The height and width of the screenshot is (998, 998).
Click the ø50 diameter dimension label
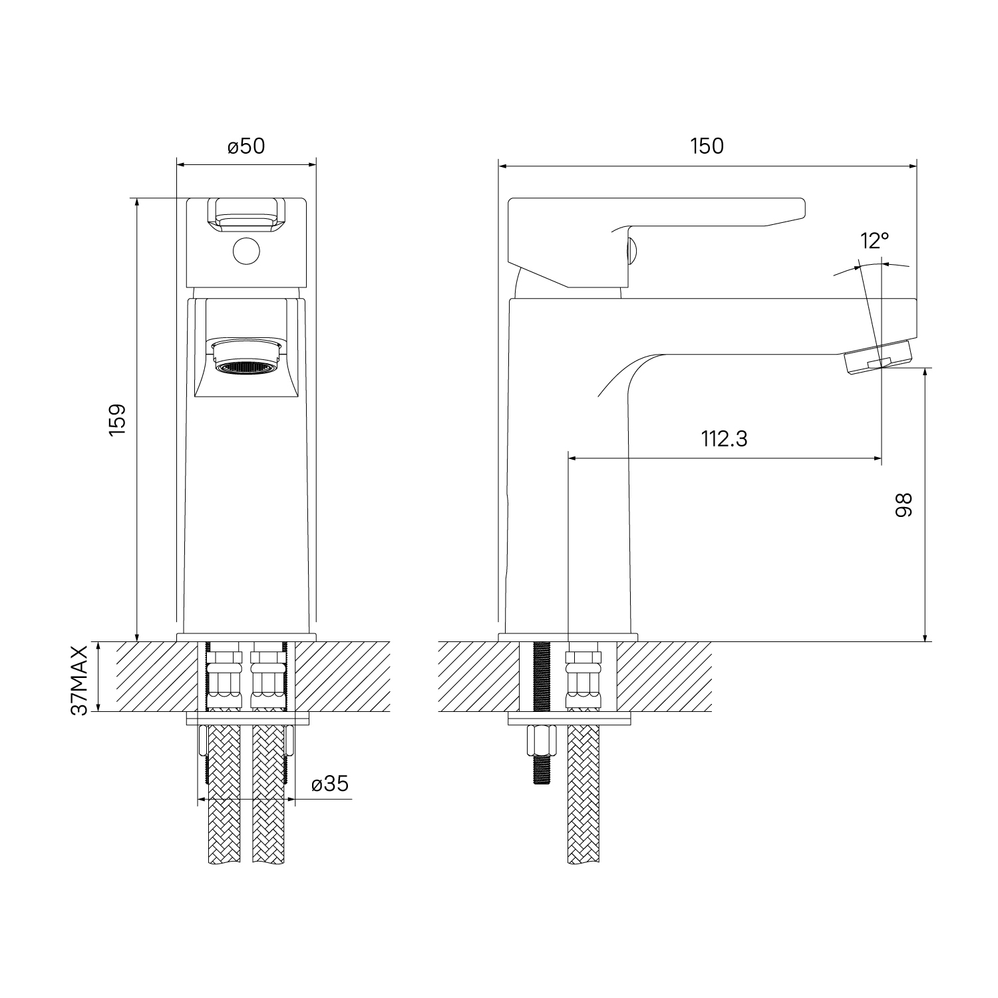tap(246, 146)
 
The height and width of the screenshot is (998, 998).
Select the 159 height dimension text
tap(117, 420)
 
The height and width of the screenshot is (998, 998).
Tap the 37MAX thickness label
tap(81, 679)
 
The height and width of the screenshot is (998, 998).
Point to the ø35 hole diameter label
tap(330, 784)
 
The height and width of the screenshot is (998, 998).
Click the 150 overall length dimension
tap(707, 146)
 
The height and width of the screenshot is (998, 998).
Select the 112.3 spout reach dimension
tap(724, 439)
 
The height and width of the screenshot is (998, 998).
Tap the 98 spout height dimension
tap(904, 504)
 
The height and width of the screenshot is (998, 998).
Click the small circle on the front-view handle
tap(246, 250)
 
